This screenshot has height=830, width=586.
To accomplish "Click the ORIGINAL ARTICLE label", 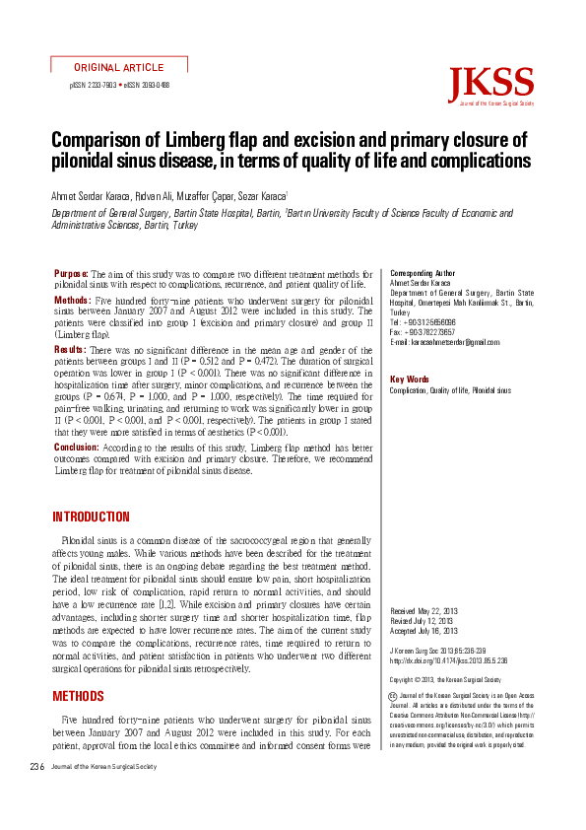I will click(118, 67).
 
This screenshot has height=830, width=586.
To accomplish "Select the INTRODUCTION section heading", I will click(91, 517).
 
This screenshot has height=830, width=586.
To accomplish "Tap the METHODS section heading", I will click(78, 697).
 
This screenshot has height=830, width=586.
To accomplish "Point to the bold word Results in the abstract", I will click(70, 350).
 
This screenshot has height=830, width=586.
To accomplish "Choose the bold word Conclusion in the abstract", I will click(76, 447).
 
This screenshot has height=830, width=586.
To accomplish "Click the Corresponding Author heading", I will click(423, 272).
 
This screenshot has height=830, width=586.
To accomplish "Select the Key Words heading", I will click(410, 380).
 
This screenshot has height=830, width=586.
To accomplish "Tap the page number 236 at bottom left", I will click(36, 766).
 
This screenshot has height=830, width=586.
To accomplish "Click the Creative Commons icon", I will click(395, 697).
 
